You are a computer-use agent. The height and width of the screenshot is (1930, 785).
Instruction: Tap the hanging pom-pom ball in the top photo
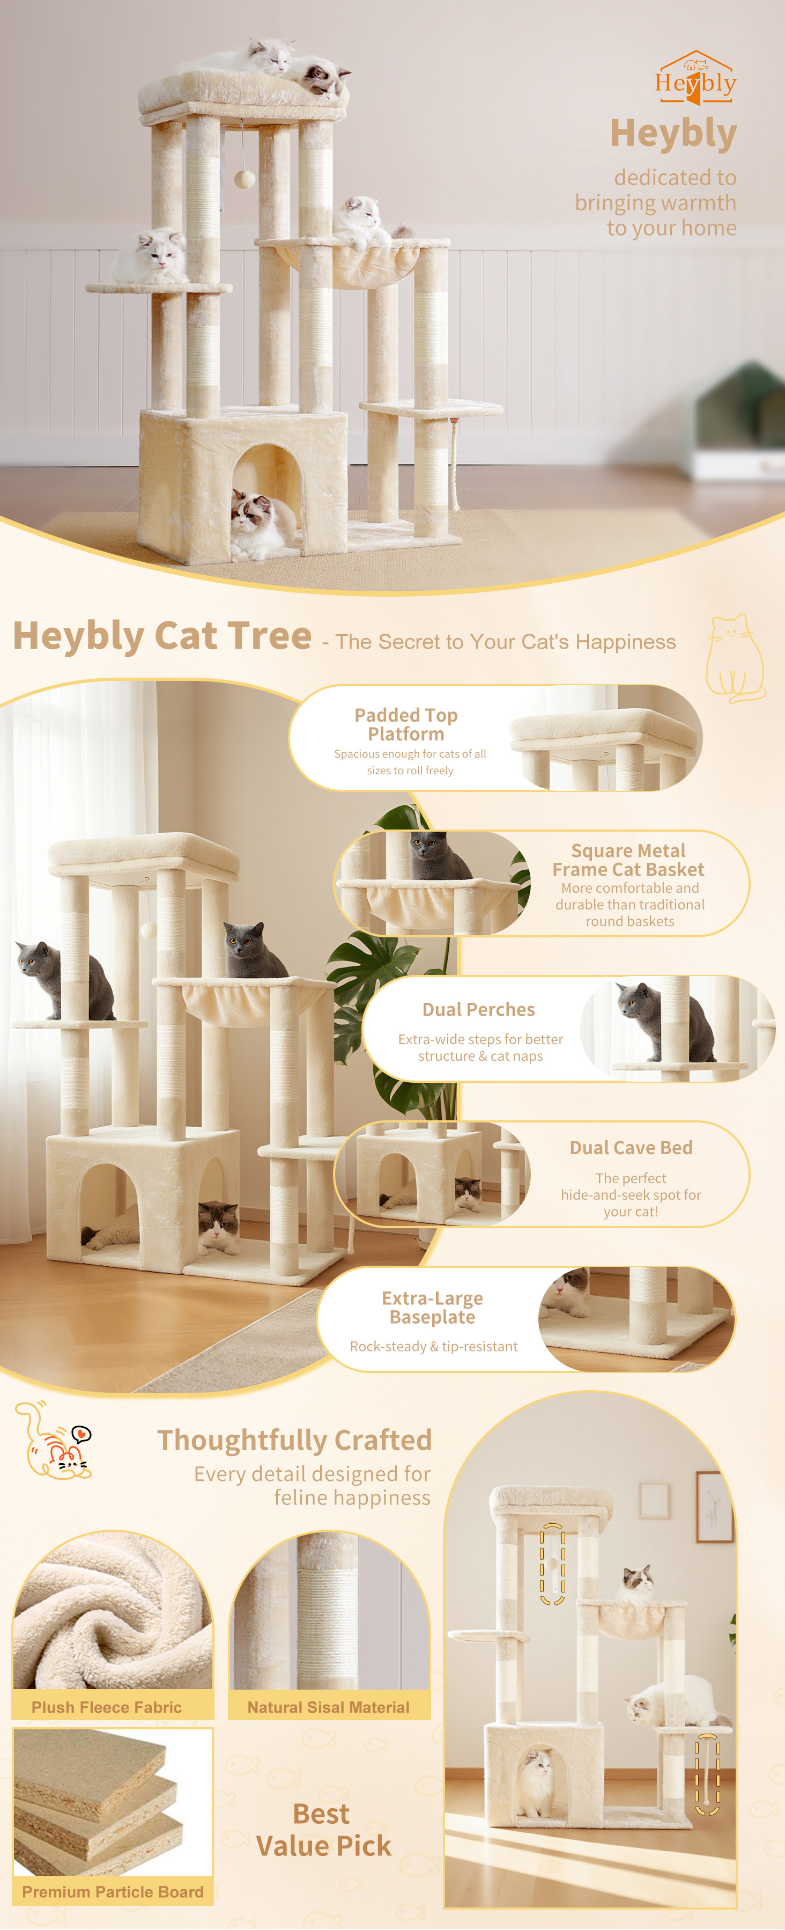[x=244, y=178]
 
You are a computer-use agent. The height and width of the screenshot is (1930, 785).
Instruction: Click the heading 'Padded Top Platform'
[x=406, y=724]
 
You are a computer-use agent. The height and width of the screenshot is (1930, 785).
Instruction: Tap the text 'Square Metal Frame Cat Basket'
[x=628, y=860]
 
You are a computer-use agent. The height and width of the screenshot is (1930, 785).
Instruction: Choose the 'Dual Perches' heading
[x=479, y=1009]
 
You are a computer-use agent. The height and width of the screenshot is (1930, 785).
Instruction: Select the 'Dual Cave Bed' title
[x=631, y=1147]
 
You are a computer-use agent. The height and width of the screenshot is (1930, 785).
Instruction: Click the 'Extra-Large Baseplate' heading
[x=432, y=1308]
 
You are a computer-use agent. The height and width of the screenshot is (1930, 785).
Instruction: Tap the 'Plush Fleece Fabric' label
[x=106, y=1707]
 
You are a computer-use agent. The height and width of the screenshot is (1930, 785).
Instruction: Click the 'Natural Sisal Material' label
[x=328, y=1707]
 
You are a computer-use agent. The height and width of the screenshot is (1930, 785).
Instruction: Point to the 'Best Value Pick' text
[x=323, y=1830]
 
